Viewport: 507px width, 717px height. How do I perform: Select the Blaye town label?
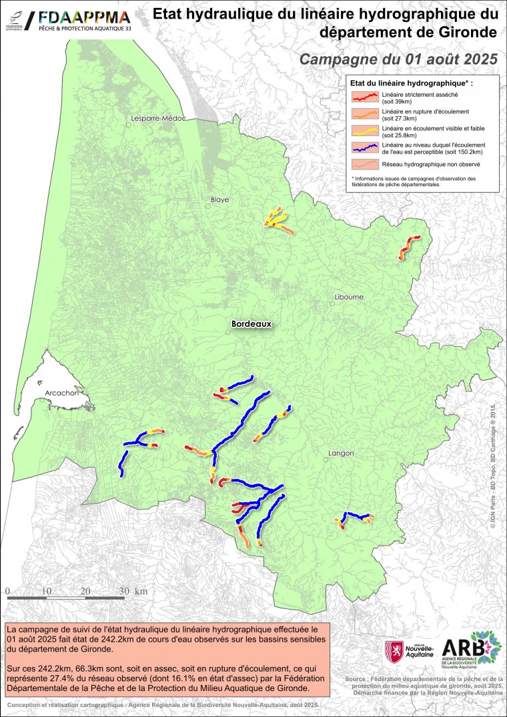219,199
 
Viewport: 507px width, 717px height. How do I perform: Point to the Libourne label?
349,297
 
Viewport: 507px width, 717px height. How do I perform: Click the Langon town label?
341,454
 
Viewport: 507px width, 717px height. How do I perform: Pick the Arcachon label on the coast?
62,394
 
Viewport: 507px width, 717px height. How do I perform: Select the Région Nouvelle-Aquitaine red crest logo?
394,650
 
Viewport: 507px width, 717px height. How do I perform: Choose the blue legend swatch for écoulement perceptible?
365,146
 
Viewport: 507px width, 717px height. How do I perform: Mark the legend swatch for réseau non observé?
365,163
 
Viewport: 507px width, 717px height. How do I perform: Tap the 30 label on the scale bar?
125,592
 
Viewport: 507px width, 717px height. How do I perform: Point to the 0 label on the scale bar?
7,592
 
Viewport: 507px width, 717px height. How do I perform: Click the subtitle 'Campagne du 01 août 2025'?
398,59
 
